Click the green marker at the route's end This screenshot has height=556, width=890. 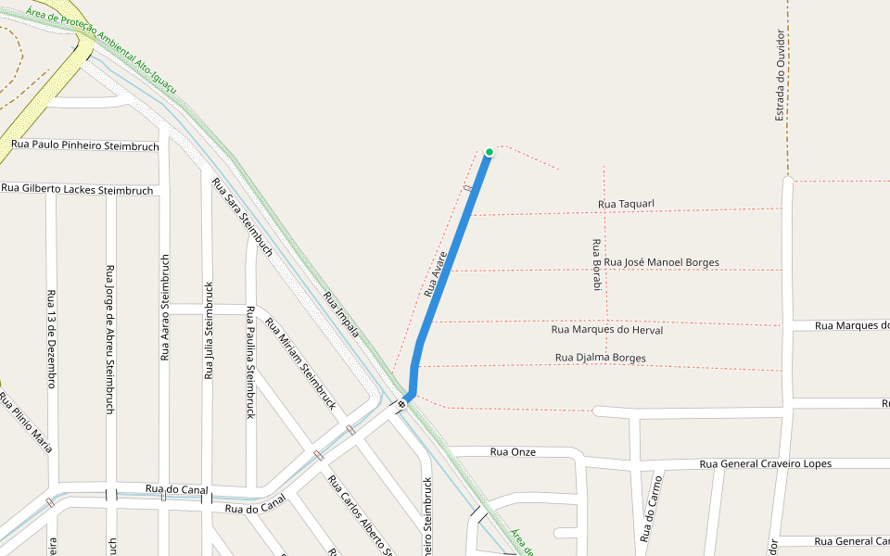[489, 152]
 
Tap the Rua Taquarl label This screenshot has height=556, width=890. [626, 204]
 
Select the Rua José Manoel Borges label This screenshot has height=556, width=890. [661, 262]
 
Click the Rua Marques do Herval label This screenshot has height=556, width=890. [606, 329]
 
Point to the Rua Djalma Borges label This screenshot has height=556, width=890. [600, 358]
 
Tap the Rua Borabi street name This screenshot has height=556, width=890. [596, 265]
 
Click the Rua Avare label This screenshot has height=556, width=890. [436, 274]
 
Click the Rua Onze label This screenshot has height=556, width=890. [513, 452]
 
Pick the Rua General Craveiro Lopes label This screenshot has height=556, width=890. [765, 463]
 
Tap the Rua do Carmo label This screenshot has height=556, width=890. [649, 509]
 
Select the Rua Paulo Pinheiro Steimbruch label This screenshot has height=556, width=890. [85, 145]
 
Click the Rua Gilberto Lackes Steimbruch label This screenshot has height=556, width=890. [77, 189]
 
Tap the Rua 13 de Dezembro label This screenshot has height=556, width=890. [51, 338]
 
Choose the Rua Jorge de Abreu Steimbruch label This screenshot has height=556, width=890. [110, 338]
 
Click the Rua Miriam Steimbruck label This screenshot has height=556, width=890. [300, 363]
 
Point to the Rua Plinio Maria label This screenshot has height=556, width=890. [26, 422]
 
